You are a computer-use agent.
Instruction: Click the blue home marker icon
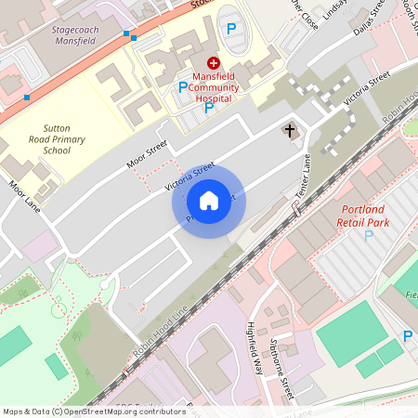click(x=208, y=200)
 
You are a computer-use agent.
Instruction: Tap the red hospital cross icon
click(x=213, y=62)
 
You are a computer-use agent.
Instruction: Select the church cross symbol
click(x=290, y=130)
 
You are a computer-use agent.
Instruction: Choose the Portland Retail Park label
click(x=365, y=216)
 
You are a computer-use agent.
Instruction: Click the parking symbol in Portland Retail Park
click(x=369, y=235)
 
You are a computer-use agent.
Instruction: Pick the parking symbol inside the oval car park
click(x=230, y=28)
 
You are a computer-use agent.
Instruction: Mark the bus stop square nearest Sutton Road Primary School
click(x=27, y=97)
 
